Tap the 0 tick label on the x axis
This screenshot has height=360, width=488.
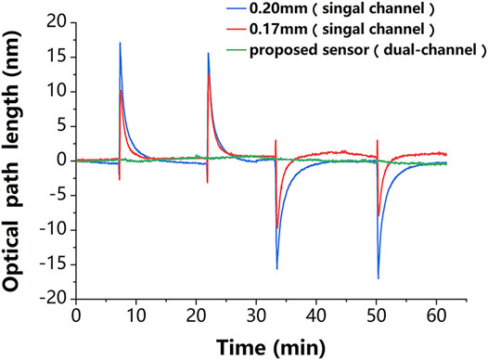[x=75, y=316]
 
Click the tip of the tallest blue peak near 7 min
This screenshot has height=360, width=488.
[x=120, y=43]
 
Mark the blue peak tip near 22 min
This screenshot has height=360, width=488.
[x=208, y=53]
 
